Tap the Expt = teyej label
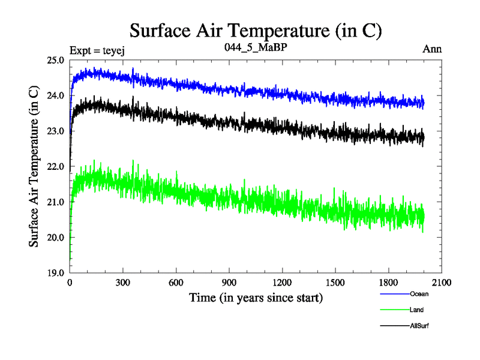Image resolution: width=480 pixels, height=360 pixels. coord(97,50)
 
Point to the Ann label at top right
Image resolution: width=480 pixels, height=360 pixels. coord(432,49)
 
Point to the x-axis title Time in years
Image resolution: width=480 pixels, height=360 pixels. coord(256,297)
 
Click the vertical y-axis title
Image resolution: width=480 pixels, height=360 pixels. coord(35,166)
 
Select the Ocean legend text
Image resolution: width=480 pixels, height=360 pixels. coord(419,295)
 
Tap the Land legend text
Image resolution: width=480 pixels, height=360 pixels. coord(417,310)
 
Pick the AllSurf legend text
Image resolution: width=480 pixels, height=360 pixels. coord(419,326)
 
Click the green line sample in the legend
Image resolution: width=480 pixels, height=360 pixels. coord(394,310)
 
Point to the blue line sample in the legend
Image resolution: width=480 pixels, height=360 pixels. coord(394,295)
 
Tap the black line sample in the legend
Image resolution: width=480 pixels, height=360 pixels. coord(394,326)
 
